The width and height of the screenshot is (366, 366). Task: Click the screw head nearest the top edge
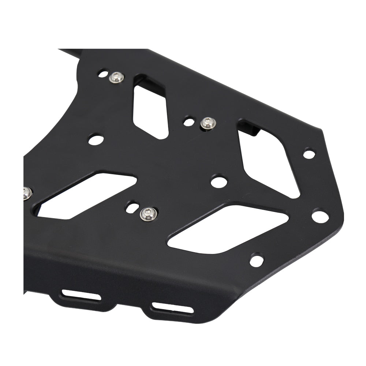point(117,77)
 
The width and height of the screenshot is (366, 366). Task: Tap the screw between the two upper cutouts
point(208,123)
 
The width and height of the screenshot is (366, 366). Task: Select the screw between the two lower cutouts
point(148,213)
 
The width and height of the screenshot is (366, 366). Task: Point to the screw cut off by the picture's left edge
point(26,193)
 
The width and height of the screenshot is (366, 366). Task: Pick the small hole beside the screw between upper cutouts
point(188,122)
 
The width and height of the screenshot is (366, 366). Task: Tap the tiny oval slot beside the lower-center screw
point(131,208)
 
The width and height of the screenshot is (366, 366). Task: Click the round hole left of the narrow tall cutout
point(96,139)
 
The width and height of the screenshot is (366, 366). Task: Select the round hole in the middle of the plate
point(219,181)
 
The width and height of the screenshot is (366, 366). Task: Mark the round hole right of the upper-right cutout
point(309,154)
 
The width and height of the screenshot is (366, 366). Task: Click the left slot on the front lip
point(81,295)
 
